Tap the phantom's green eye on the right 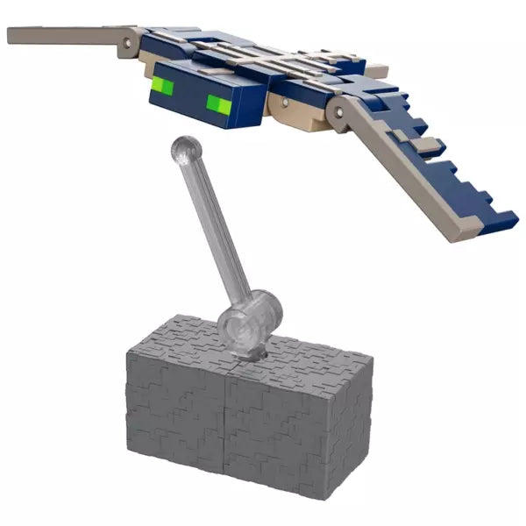tap(219, 105)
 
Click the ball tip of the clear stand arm tap(184, 148)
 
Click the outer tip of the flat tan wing tap(13, 35)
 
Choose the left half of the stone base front tap(175, 430)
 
